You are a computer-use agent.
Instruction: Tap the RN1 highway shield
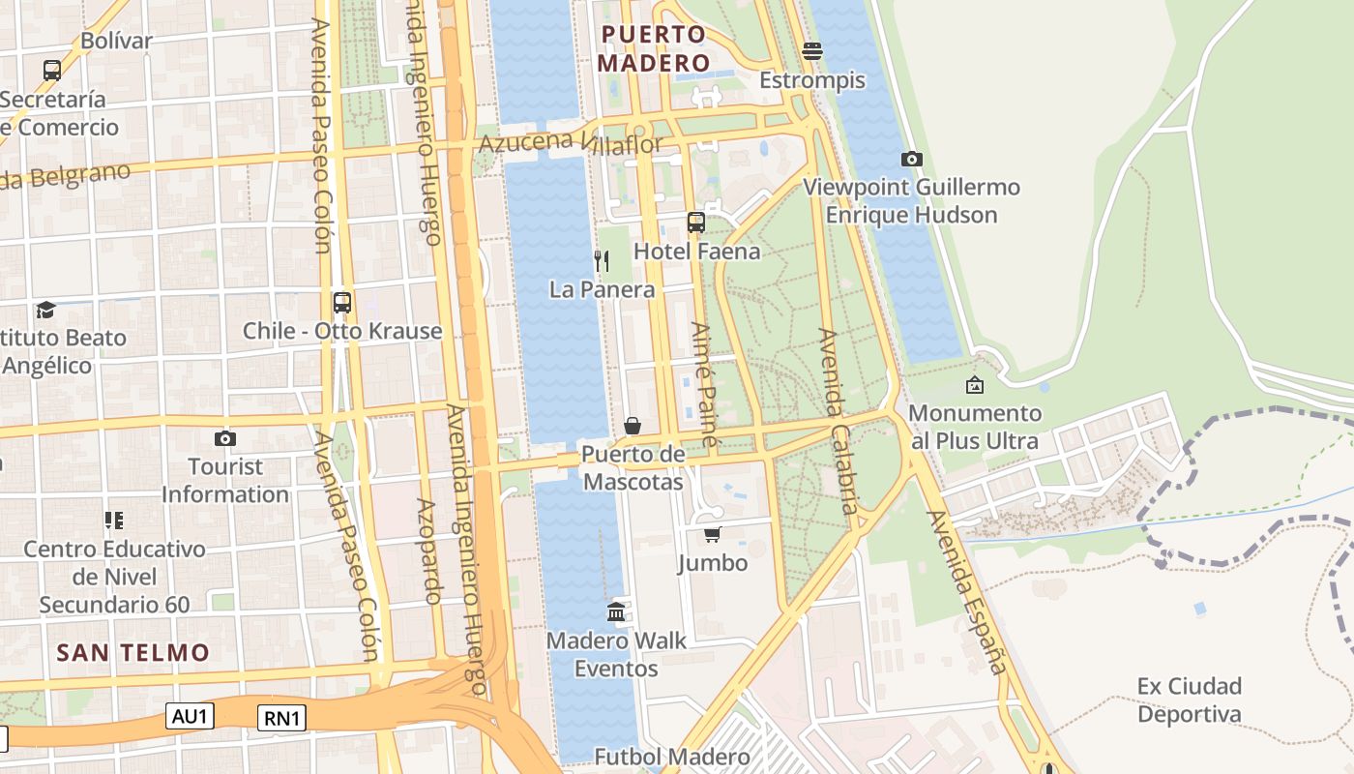282,718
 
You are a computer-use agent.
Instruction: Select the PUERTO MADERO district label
654,48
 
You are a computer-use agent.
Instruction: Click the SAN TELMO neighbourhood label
132,652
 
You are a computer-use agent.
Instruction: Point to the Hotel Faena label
696,252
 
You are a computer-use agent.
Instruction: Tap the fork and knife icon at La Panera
601,260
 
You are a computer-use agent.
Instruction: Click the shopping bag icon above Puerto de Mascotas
633,425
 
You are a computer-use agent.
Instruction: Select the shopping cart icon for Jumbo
713,534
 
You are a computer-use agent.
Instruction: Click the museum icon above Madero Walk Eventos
616,611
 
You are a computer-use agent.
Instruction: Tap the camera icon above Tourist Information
225,438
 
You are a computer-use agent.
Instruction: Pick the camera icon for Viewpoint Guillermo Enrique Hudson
911,159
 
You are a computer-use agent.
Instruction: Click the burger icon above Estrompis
812,51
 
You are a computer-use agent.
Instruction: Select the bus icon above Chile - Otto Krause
341,302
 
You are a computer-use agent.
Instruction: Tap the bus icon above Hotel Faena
696,223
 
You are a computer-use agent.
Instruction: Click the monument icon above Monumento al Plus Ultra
975,385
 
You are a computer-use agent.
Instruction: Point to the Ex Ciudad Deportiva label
1189,700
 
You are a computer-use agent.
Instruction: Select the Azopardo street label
430,551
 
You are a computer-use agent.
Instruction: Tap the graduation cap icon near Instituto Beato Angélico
45,310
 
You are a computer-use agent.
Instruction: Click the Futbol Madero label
672,757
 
